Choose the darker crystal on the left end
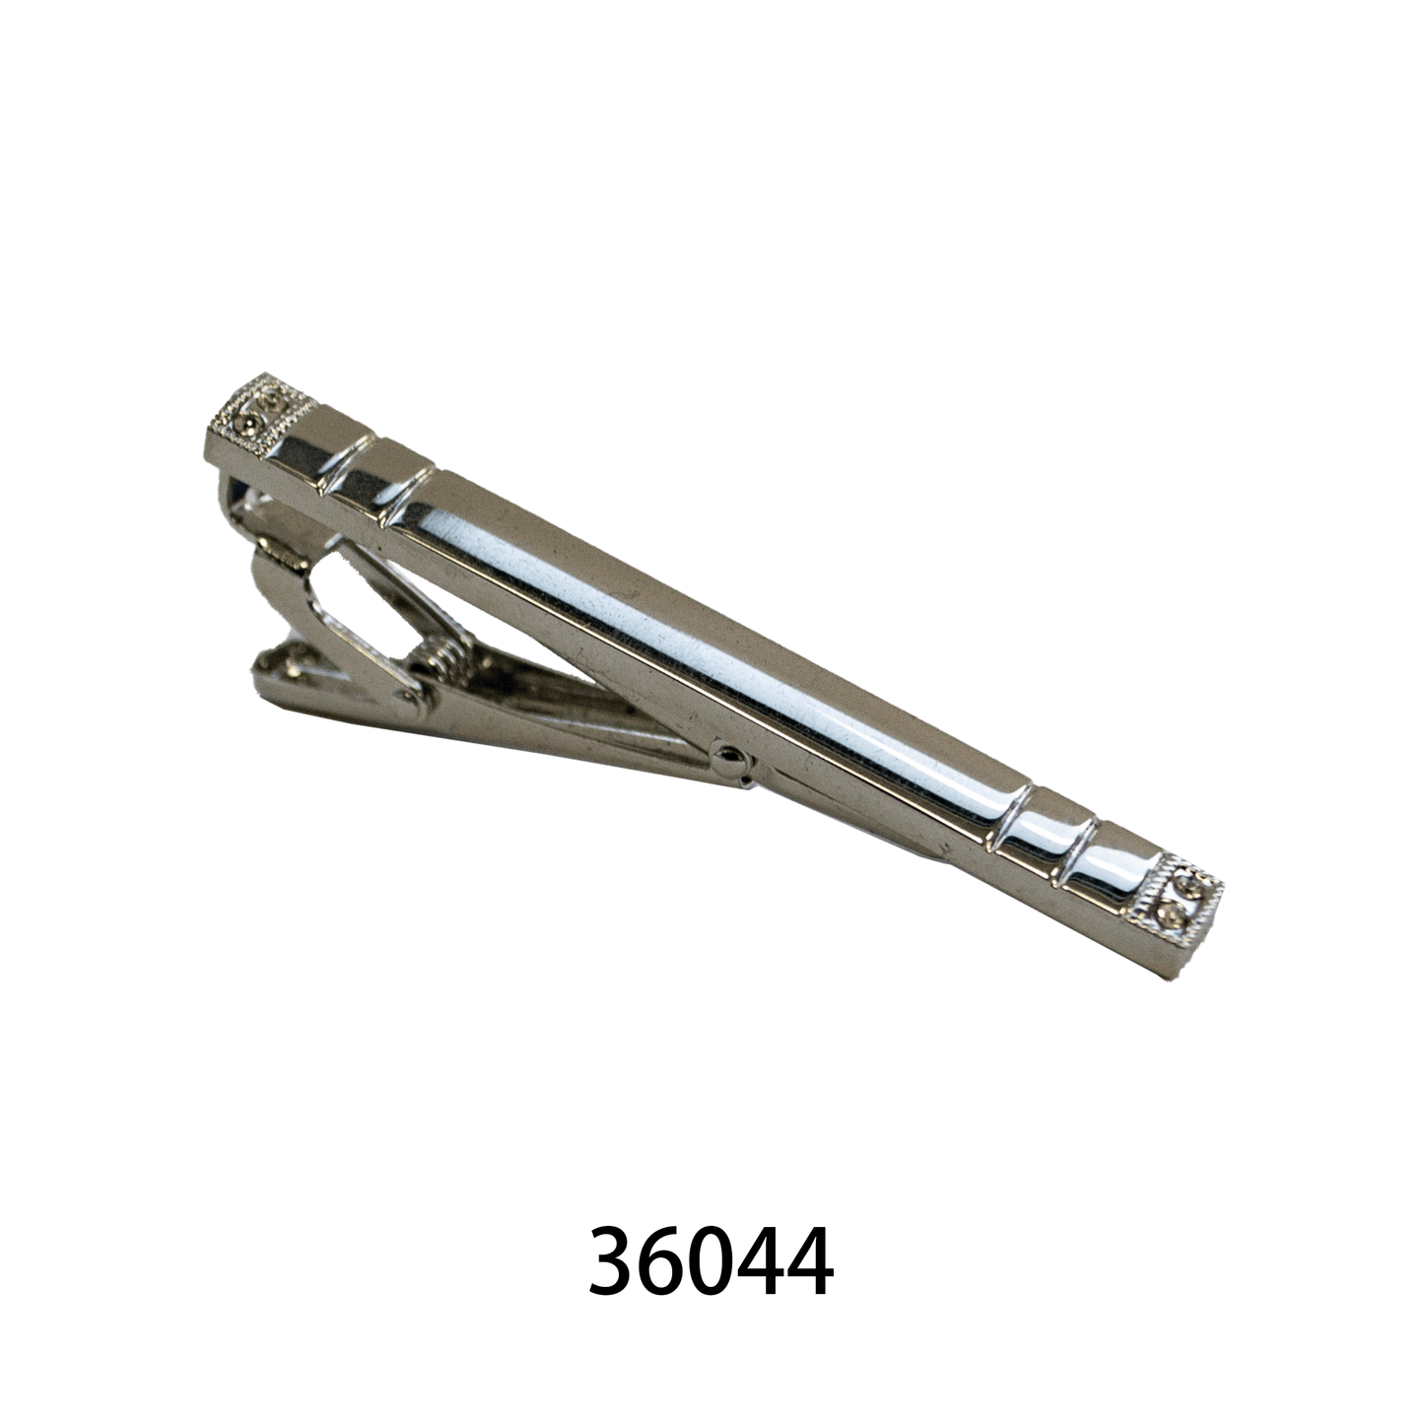250,425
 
